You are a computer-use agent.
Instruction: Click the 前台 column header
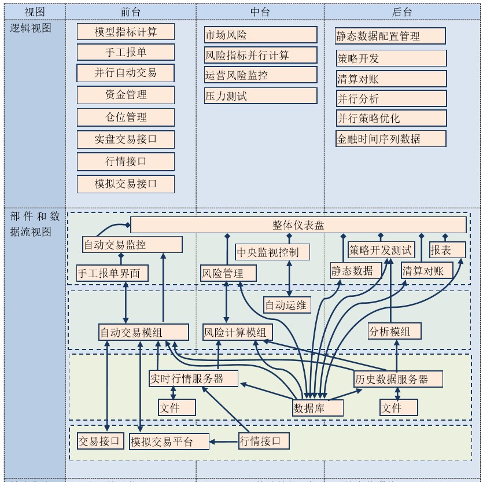coord(131,12)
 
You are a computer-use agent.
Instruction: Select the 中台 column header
coord(260,12)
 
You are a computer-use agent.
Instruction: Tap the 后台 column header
coord(402,12)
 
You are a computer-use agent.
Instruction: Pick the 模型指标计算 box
coord(126,32)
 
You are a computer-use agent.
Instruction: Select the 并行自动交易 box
coord(126,73)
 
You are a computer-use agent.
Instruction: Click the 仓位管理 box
coord(126,117)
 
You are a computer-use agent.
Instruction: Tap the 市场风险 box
coord(260,35)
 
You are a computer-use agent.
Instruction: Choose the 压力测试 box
coord(260,96)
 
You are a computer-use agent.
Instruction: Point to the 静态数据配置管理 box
coord(390,36)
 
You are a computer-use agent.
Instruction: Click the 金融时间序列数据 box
coord(390,139)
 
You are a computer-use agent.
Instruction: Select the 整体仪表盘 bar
coord(298,225)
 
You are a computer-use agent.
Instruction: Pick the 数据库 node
coord(318,408)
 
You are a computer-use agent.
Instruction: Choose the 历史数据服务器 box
coord(399,380)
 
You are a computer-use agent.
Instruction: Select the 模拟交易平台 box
coord(169,442)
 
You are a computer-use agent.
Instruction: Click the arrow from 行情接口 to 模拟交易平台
coord(224,442)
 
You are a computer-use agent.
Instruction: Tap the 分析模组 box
coord(394,332)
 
